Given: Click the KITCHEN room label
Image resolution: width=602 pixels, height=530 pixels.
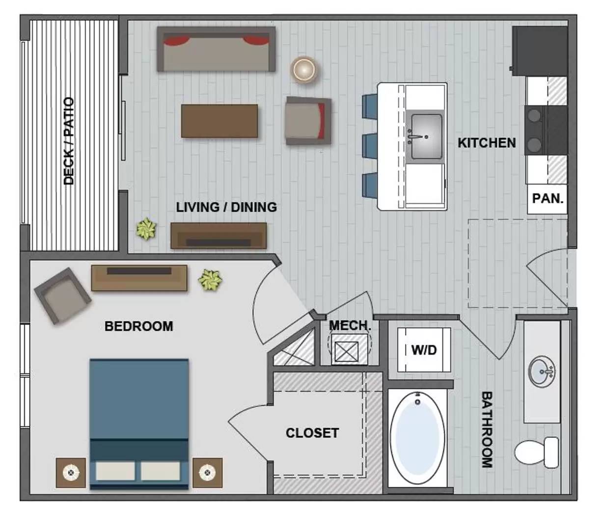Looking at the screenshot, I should tap(487, 143).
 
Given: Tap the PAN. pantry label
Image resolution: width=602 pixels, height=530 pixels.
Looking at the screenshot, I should tap(547, 199).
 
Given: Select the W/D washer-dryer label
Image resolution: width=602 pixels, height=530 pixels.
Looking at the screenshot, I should tap(424, 350).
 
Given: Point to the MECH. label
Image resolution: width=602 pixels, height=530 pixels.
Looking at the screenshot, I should tap(350, 325).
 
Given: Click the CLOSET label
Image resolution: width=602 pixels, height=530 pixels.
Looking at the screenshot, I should tap(312, 433).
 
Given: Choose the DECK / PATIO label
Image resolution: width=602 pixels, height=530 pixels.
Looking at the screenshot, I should tap(69, 141).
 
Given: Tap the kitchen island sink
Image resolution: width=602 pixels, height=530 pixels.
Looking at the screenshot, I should tap(426, 136).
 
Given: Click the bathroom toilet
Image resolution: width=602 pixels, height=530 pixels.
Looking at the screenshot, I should tap(537, 452).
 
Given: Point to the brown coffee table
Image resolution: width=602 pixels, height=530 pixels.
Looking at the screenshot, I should tap(219, 121).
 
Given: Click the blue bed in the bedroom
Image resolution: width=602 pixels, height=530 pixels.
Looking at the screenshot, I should tap(139, 423).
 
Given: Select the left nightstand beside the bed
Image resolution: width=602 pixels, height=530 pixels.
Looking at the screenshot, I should tap(71, 473).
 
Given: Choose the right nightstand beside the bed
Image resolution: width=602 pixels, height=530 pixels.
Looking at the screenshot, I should tap(207, 473).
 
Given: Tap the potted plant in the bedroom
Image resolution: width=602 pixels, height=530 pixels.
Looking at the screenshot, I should tap(210, 280).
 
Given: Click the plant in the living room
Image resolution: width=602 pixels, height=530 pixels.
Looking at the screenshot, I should tap(146, 229).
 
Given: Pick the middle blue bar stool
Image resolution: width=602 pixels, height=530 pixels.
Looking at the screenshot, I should tap(369, 145).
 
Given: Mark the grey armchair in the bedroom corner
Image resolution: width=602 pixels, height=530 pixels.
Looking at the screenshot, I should tap(62, 296).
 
